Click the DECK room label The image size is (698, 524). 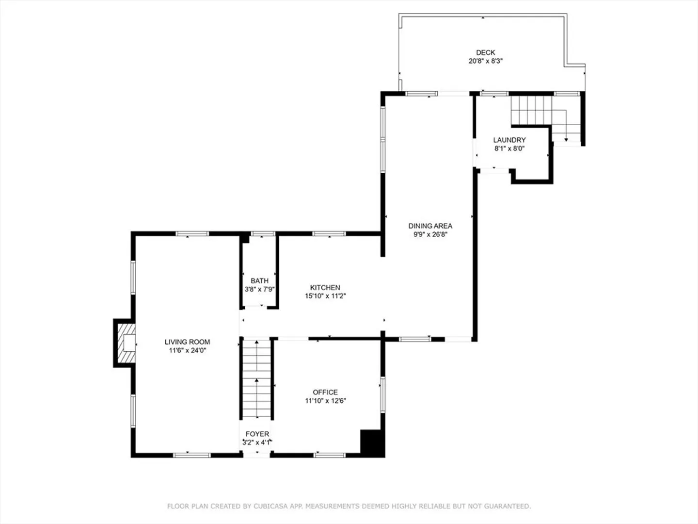point(485,52)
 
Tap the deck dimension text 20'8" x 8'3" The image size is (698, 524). point(485,61)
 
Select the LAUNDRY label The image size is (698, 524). point(509,140)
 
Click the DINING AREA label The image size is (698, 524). point(430,226)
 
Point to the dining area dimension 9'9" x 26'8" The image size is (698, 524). point(430,234)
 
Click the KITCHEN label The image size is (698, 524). point(325,288)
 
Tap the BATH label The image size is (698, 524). point(259,280)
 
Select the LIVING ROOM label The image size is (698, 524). point(187,342)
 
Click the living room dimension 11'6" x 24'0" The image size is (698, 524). point(188,351)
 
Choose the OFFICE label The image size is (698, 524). point(325,393)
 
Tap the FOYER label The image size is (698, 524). point(257,434)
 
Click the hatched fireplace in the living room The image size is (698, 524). point(127,343)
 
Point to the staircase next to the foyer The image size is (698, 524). point(256,379)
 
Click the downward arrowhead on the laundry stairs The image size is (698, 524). point(566,140)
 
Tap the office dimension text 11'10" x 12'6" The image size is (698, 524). point(325,401)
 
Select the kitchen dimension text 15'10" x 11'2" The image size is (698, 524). point(325,296)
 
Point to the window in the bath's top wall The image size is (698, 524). point(263,233)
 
